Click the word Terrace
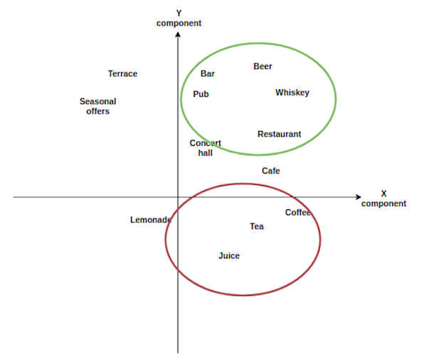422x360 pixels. tap(122, 74)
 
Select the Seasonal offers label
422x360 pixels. tap(98, 106)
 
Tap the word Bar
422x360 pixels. tap(208, 74)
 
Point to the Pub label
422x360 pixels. tap(201, 94)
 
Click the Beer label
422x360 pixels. tap(263, 66)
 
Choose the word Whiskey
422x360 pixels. tap(292, 92)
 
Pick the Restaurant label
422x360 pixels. tap(280, 134)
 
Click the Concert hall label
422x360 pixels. tap(206, 148)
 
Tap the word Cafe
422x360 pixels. tap(270, 171)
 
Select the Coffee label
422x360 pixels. tap(298, 213)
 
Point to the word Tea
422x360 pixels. tap(257, 226)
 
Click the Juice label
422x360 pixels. tap(229, 255)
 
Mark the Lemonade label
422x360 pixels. tap(151, 220)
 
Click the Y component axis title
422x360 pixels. tap(179, 18)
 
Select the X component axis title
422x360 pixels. tap(384, 198)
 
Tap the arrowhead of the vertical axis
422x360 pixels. tap(178, 34)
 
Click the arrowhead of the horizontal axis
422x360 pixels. tap(359, 197)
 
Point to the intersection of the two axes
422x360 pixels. tap(178, 197)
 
